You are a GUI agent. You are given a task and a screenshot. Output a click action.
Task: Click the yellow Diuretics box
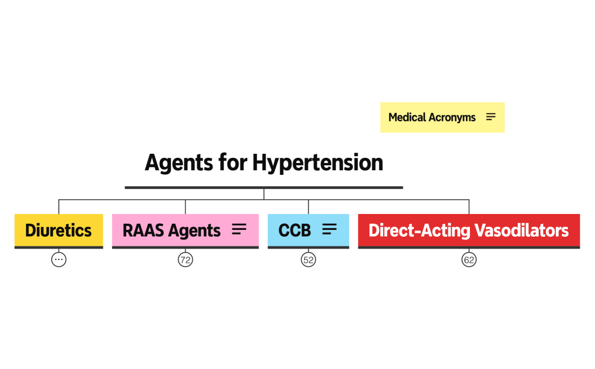tap(59, 230)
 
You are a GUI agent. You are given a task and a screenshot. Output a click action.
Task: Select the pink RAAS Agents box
tap(170, 230)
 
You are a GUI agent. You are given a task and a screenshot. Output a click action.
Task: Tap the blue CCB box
tap(295, 230)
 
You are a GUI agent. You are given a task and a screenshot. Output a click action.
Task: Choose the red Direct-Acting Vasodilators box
tap(468, 230)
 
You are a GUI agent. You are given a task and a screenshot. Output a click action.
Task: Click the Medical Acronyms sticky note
tap(432, 118)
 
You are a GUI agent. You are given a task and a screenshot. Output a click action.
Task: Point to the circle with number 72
tap(185, 260)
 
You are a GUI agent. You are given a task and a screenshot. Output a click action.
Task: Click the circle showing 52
tap(308, 260)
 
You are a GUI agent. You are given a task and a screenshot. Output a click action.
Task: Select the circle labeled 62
tap(469, 260)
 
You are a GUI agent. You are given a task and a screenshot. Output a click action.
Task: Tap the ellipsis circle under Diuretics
tap(59, 260)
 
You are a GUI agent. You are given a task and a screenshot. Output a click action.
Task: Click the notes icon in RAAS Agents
tap(239, 229)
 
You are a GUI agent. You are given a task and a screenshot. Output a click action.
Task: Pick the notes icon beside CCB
tap(330, 229)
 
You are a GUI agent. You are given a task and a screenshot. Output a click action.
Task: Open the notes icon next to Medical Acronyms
tap(491, 117)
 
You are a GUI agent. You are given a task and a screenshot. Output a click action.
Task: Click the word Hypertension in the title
tap(318, 163)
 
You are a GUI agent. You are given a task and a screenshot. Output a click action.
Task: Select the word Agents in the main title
tap(179, 163)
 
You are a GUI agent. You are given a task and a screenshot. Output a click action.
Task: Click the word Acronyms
tap(452, 118)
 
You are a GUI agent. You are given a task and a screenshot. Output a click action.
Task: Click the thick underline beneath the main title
tap(264, 187)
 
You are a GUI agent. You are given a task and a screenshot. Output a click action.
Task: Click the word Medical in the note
tap(407, 118)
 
